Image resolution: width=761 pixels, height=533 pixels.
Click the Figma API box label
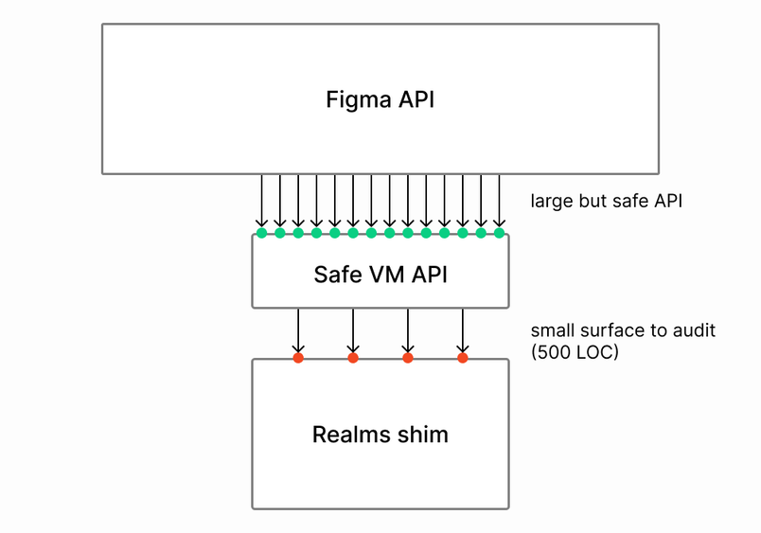pyautogui.click(x=380, y=99)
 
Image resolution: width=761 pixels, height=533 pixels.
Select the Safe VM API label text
pyautogui.click(x=380, y=275)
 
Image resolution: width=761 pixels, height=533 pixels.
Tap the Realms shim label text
pyautogui.click(x=380, y=435)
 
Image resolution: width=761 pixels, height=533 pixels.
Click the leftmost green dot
pyautogui.click(x=261, y=233)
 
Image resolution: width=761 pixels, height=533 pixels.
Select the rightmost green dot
pyautogui.click(x=499, y=233)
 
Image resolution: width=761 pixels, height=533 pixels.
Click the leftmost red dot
pyautogui.click(x=298, y=358)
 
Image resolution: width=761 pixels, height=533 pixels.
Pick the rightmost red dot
pyautogui.click(x=463, y=358)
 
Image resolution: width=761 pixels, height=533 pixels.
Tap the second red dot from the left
pyautogui.click(x=353, y=358)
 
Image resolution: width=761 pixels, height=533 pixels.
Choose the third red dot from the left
pyautogui.click(x=408, y=358)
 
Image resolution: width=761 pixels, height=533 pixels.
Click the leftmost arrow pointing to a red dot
pyautogui.click(x=298, y=331)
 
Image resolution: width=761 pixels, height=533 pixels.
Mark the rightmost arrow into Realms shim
pyautogui.click(x=463, y=331)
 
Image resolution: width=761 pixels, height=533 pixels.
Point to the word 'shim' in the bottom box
pyautogui.click(x=423, y=435)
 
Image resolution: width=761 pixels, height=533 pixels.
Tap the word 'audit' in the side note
pyautogui.click(x=696, y=330)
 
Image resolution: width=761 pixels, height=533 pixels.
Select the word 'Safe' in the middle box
pyautogui.click(x=334, y=275)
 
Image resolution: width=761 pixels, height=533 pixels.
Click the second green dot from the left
pyautogui.click(x=280, y=233)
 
